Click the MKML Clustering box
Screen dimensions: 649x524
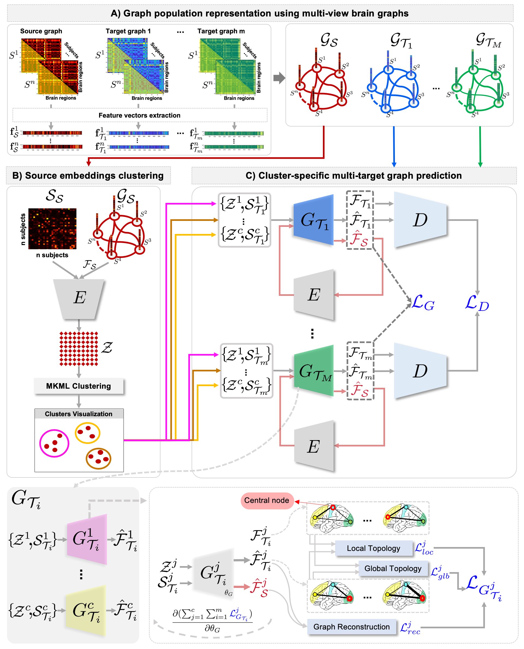point(79,386)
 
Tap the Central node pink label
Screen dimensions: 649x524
point(267,500)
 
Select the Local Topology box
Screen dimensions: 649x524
point(373,548)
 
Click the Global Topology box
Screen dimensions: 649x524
point(393,568)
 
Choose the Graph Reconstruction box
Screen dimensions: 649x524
point(351,627)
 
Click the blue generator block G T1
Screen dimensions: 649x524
point(314,220)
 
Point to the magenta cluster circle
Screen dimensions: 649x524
point(54,443)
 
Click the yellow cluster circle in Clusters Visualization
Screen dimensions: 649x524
point(88,433)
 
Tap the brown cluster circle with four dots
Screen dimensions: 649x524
point(99,458)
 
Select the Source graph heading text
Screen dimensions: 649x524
point(41,31)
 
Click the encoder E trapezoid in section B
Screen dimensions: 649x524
point(79,298)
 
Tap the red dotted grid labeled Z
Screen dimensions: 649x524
point(79,348)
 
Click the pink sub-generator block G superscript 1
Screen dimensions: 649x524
point(87,539)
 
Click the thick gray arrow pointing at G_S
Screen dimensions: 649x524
point(279,78)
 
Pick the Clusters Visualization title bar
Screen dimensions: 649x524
point(79,414)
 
